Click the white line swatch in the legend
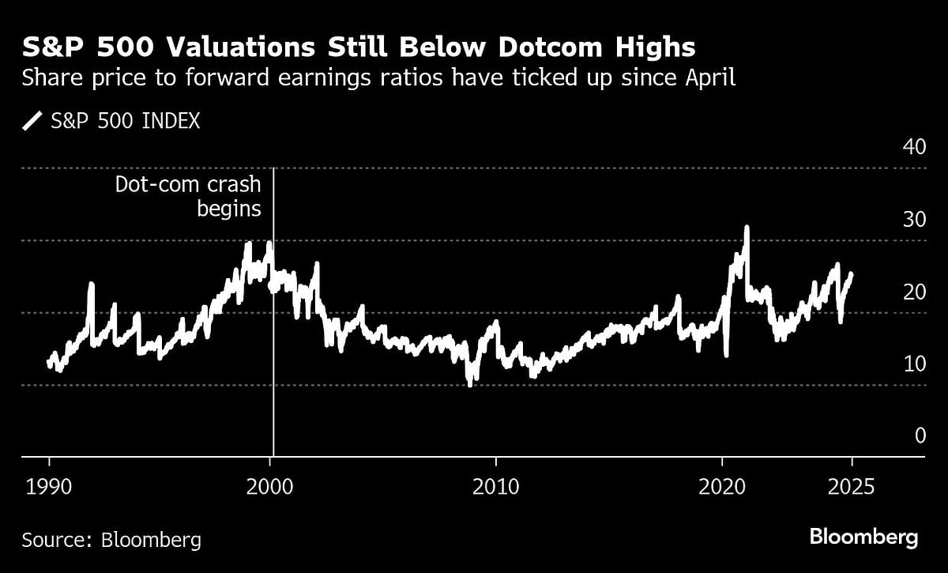point(32,121)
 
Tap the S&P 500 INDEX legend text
point(125,121)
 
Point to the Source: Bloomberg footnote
point(111,541)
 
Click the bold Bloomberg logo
point(863,537)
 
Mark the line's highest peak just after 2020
point(746,228)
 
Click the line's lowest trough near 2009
point(470,384)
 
